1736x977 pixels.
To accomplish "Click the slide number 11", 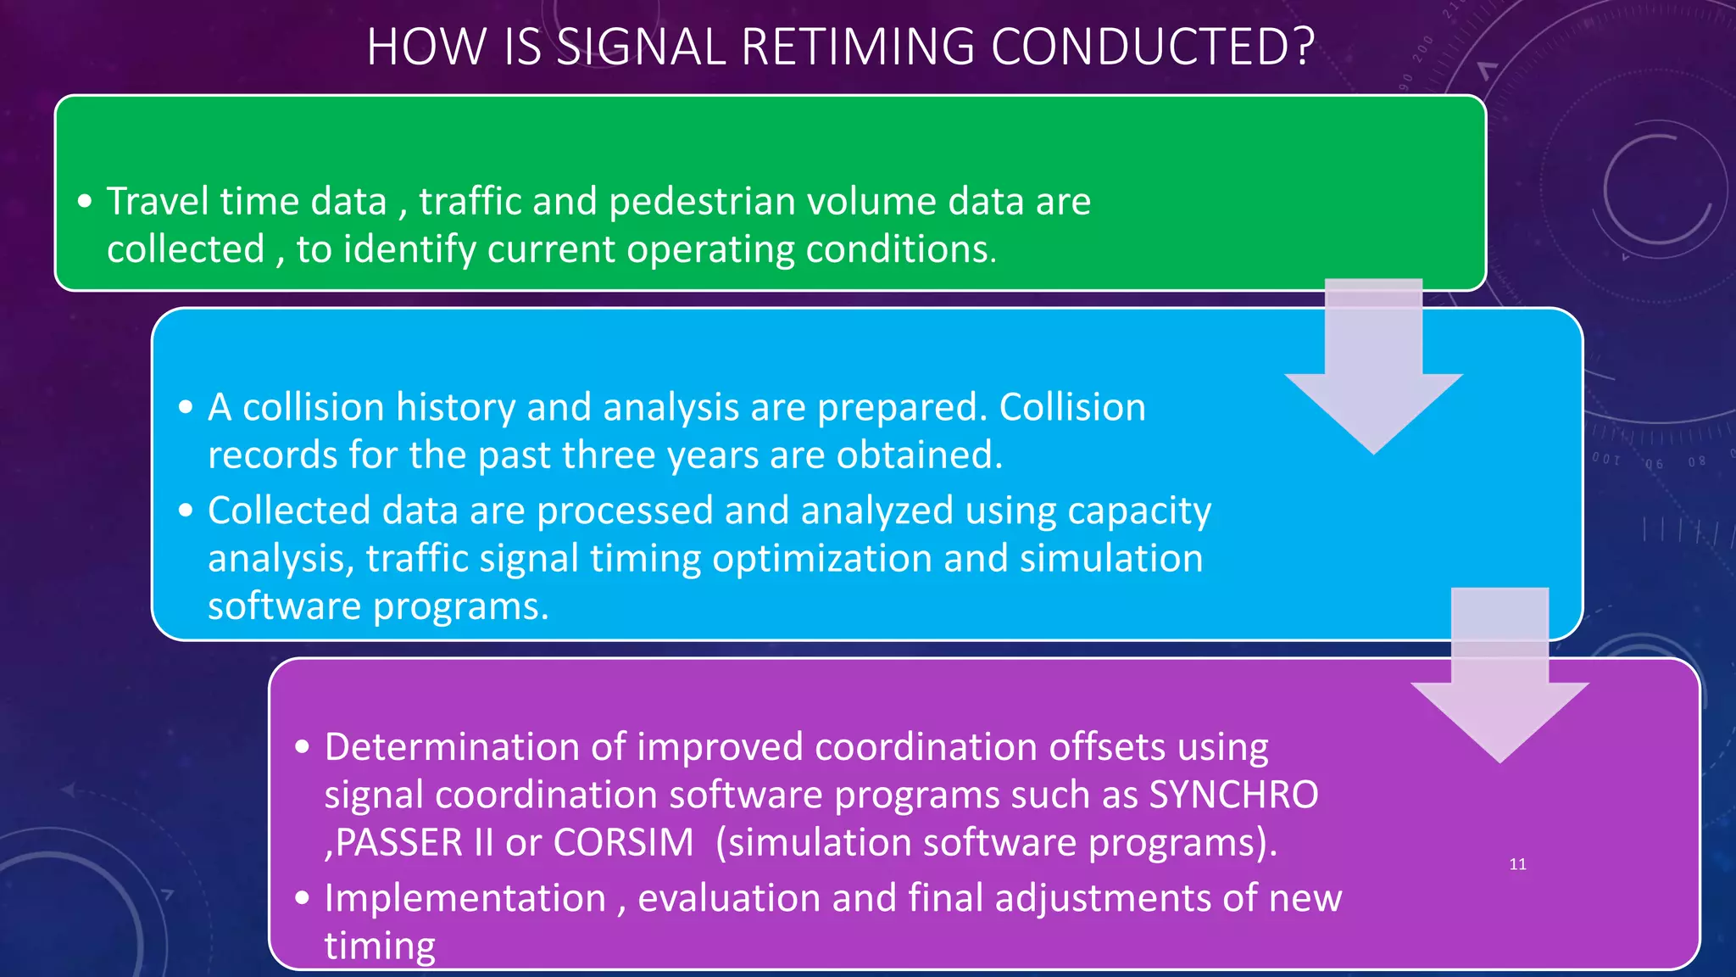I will (1517, 864).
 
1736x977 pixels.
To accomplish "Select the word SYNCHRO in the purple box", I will (1233, 796).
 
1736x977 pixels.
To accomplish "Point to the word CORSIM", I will (623, 843).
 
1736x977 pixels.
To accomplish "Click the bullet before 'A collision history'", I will (186, 408).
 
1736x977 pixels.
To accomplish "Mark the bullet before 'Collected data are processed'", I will (186, 511).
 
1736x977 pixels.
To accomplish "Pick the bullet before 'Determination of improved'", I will (303, 748).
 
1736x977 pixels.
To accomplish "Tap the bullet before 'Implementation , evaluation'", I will (303, 899).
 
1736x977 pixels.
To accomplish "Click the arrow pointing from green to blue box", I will (1373, 373).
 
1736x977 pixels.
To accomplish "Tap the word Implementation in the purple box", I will (465, 898).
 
